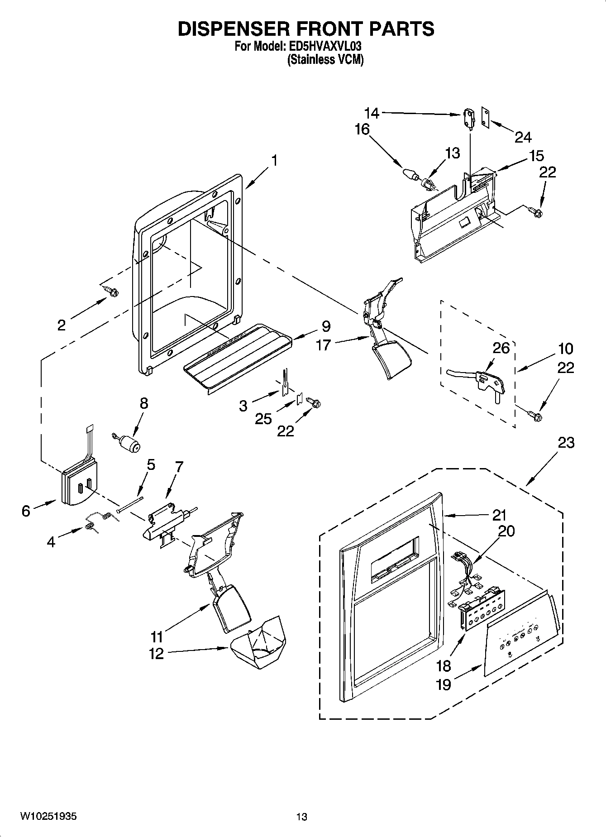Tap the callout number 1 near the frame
point(274,160)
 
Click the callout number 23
point(565,442)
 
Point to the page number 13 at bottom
point(301,817)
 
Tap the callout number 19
point(444,684)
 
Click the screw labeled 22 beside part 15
point(536,211)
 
